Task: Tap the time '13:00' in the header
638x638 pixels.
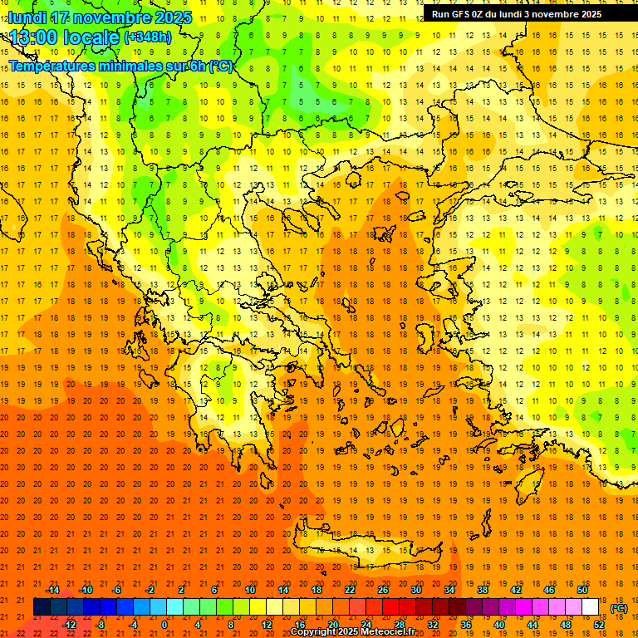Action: click(x=34, y=37)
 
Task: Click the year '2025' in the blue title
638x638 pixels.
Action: click(x=172, y=17)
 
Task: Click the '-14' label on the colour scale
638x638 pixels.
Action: click(x=53, y=590)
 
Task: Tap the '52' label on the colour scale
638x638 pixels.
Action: click(x=598, y=625)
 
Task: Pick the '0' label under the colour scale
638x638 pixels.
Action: click(x=164, y=625)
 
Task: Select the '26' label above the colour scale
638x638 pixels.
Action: click(x=383, y=590)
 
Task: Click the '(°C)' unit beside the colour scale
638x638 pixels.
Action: click(x=618, y=608)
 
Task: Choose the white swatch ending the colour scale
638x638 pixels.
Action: click(x=590, y=607)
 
